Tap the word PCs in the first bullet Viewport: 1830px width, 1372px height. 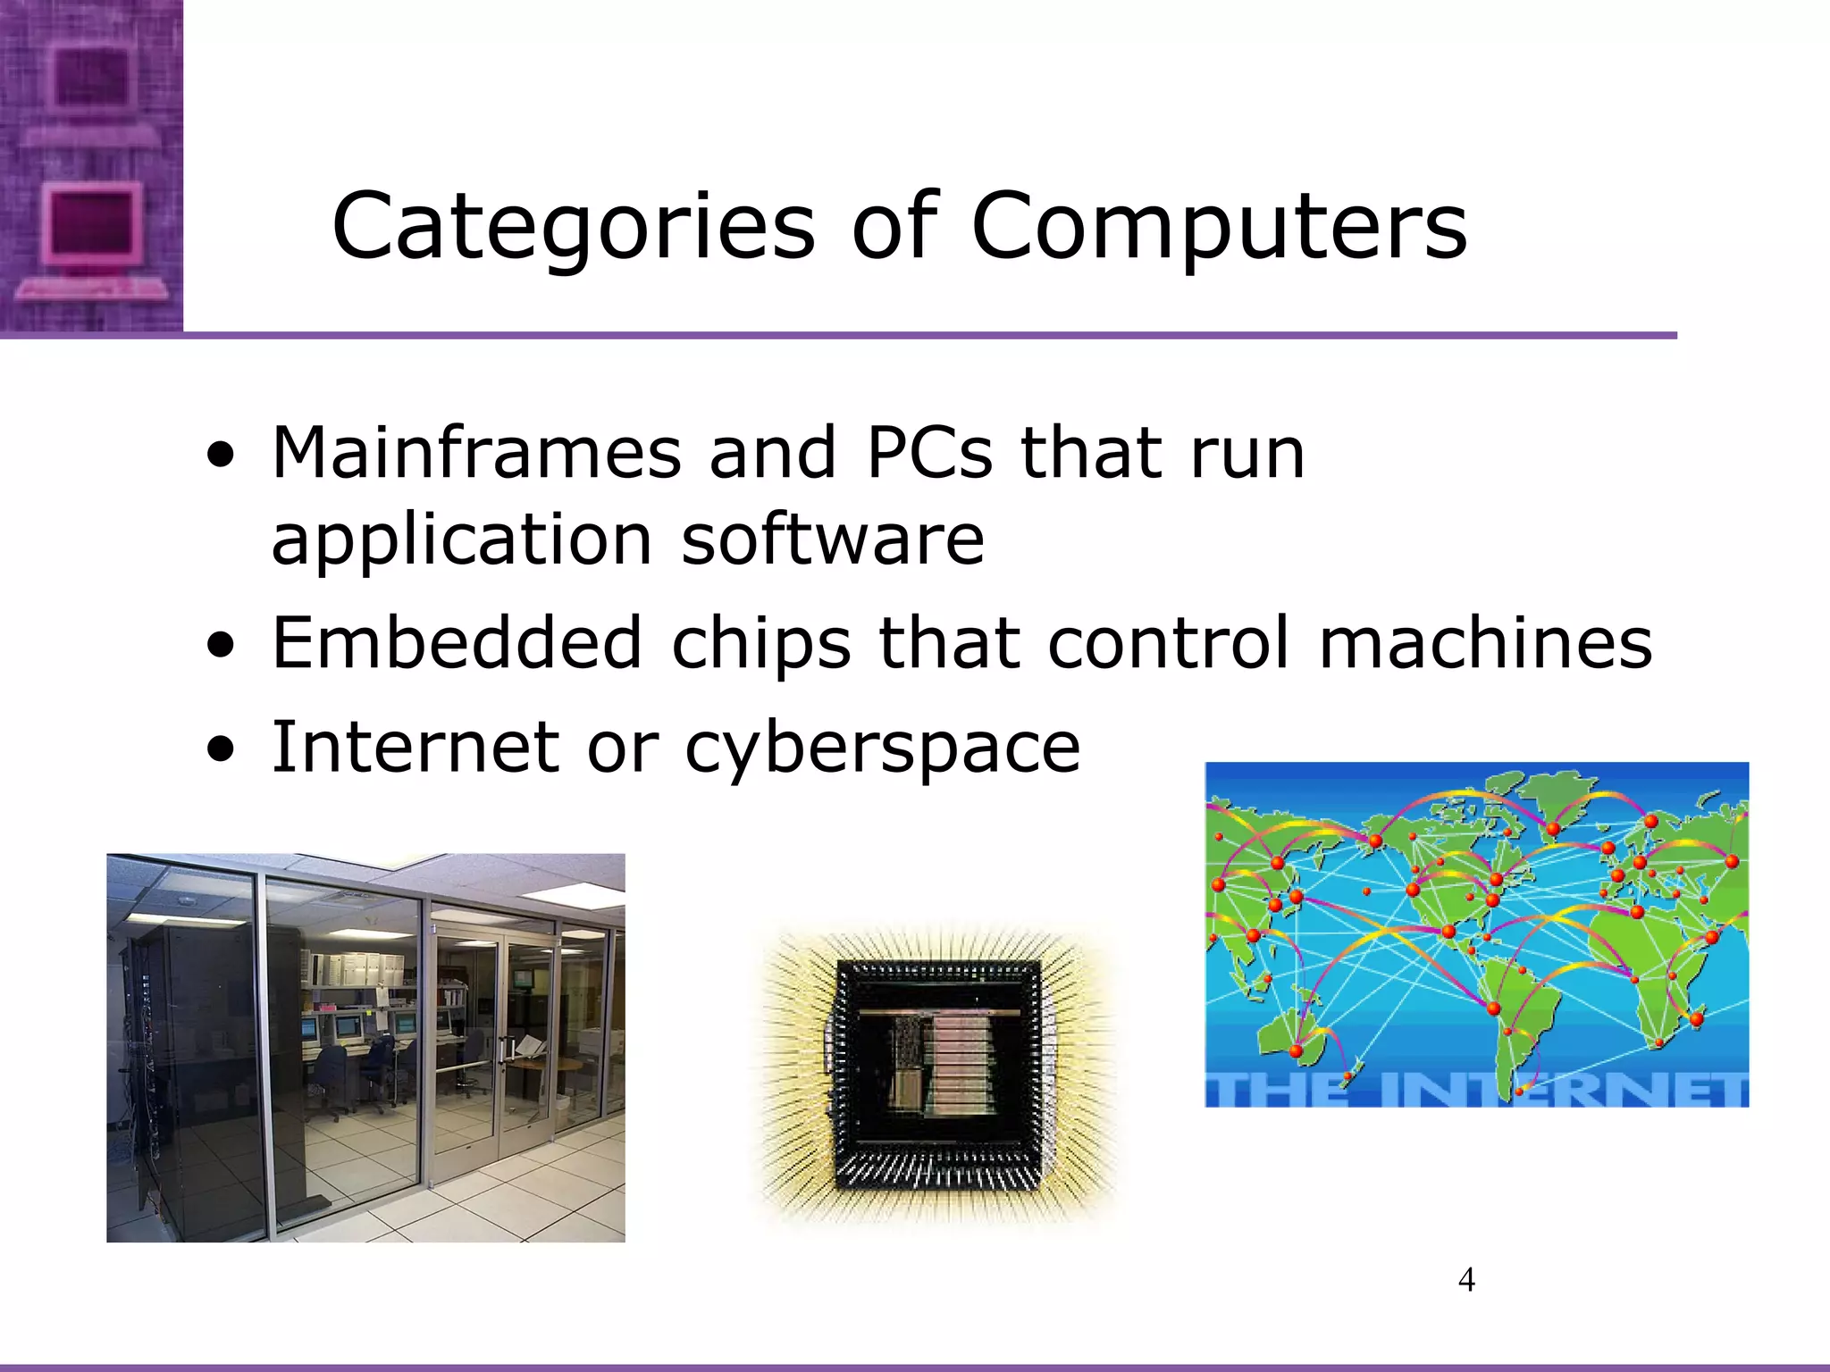(928, 453)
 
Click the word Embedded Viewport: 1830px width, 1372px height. (457, 642)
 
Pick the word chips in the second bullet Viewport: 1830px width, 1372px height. (760, 642)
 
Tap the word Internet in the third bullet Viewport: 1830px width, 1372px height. (416, 747)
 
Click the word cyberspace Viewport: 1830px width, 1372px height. (883, 749)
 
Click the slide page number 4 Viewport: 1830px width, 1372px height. (1466, 1280)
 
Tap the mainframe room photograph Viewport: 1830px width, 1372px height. (365, 1048)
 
